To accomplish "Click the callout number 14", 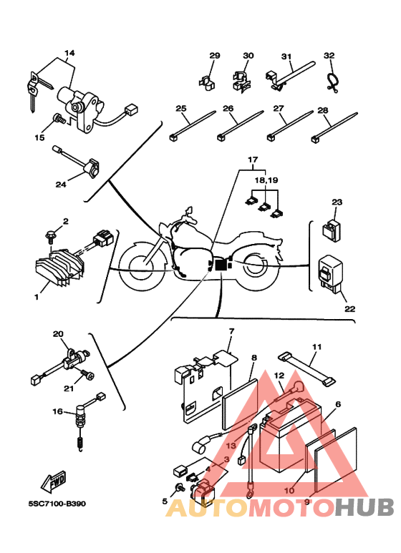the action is (x=69, y=53).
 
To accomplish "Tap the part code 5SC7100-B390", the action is (x=57, y=504).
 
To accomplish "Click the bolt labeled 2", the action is (x=51, y=237).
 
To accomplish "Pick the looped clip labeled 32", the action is (x=331, y=82).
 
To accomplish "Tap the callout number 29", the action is (x=215, y=55).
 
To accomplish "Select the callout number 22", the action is (x=349, y=308).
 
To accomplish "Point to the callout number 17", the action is (x=253, y=160).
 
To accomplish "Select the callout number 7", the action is (x=231, y=331).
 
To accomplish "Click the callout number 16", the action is (x=57, y=411).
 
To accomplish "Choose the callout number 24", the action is (x=61, y=184).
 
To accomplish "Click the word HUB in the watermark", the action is (x=364, y=507).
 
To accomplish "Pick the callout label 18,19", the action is (x=266, y=180).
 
